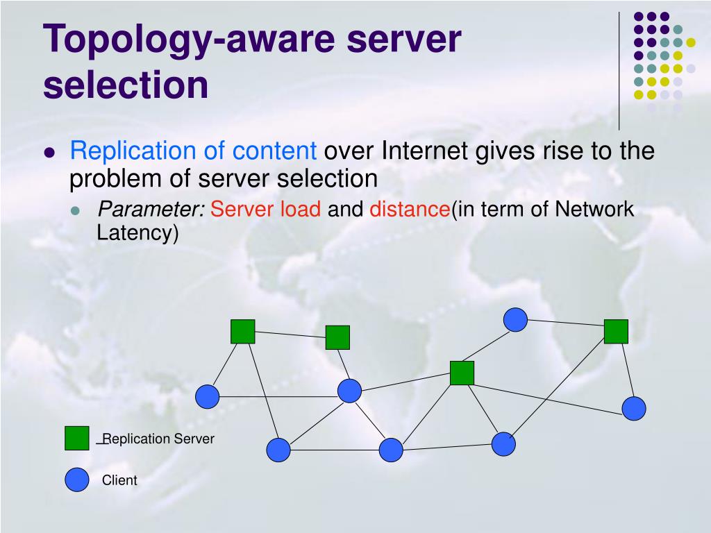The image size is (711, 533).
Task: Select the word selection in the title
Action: (x=126, y=84)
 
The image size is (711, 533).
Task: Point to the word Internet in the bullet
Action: (x=426, y=151)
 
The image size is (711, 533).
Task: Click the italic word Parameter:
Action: (x=151, y=209)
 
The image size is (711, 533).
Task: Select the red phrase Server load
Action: (x=266, y=209)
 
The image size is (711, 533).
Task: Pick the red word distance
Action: (x=410, y=209)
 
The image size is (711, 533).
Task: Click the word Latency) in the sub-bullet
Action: (x=137, y=233)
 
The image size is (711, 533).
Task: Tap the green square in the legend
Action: (x=77, y=438)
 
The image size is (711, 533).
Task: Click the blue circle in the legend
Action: (x=77, y=480)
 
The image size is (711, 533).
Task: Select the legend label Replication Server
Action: (x=159, y=439)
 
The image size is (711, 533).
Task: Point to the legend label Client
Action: (x=120, y=480)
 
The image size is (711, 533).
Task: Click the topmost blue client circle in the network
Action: (x=515, y=319)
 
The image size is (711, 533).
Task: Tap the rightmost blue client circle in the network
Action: (x=633, y=408)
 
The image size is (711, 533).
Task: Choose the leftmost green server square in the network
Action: (x=243, y=332)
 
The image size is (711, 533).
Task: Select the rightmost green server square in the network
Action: (x=616, y=331)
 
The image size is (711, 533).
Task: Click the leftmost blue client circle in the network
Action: (x=207, y=396)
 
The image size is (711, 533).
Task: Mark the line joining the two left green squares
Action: (x=290, y=335)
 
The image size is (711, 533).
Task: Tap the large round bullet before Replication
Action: (x=49, y=154)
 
